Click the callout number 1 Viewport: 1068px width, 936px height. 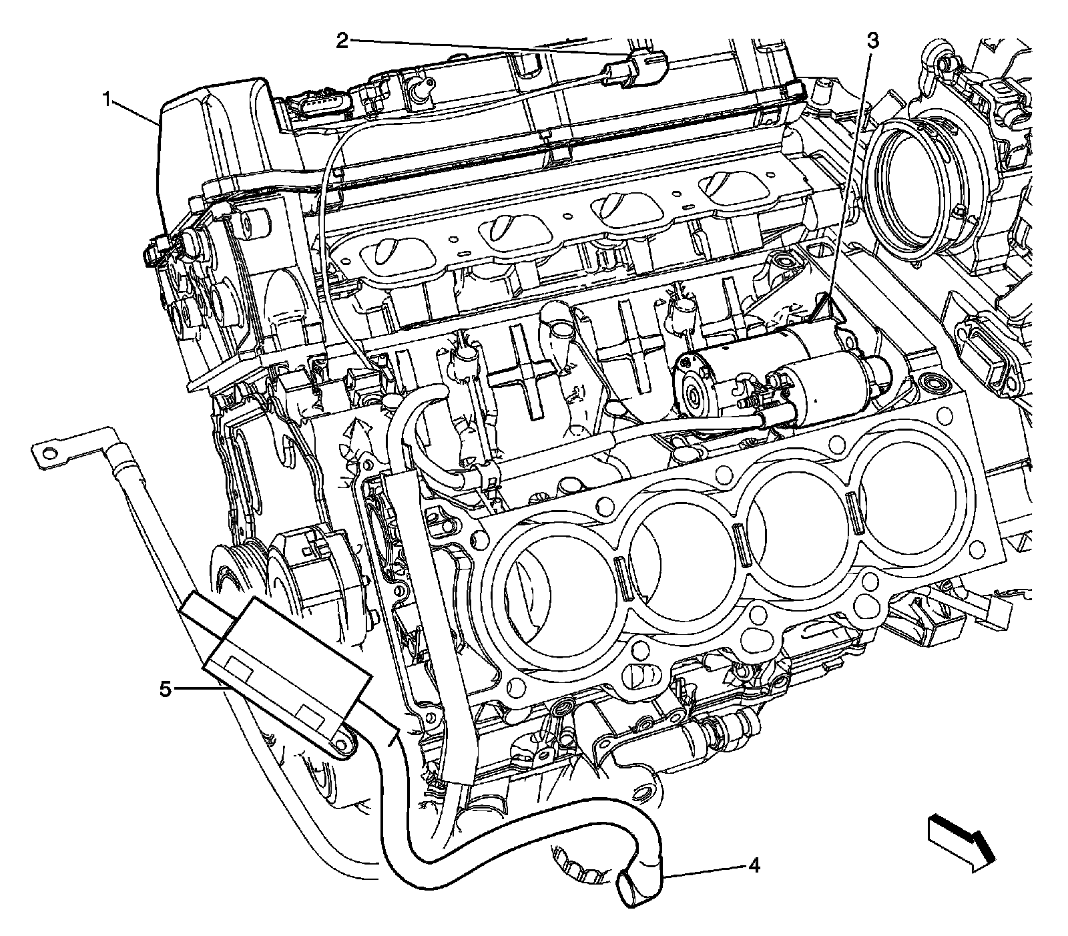tap(106, 101)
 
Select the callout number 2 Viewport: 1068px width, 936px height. tap(342, 41)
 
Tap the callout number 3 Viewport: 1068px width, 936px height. tap(872, 41)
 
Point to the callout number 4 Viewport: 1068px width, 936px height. tap(753, 867)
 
